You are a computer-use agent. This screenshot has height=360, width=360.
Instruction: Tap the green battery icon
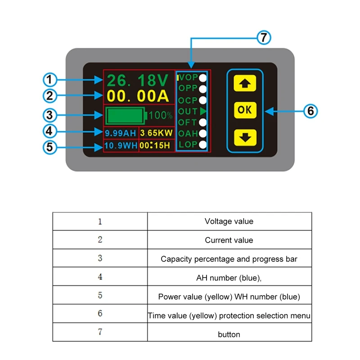(126, 115)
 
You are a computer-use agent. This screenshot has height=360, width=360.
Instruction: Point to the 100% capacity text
(160, 115)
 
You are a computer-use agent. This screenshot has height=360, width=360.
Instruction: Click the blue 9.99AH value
(121, 134)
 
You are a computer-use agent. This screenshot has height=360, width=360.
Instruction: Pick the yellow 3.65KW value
(156, 134)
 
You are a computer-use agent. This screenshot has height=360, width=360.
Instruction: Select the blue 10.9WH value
(121, 146)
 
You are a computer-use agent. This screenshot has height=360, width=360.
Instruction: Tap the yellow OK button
(245, 110)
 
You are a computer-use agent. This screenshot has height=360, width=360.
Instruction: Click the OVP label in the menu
(188, 77)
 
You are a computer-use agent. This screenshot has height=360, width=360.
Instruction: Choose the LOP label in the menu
(188, 145)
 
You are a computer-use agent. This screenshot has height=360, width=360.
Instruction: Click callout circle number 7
(264, 38)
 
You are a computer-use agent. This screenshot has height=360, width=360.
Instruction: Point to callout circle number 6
(310, 110)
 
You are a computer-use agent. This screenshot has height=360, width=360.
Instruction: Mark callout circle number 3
(50, 115)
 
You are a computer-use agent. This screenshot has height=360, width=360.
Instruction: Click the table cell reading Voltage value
(229, 221)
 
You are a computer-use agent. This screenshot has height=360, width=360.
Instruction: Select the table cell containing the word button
(229, 334)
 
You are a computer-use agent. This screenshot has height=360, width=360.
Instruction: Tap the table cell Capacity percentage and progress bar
(229, 259)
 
